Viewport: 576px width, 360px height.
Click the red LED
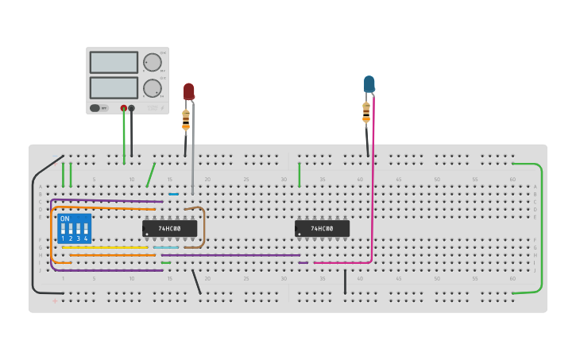point(189,91)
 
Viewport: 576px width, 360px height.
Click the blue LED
point(369,83)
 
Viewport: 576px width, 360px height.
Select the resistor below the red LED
point(186,119)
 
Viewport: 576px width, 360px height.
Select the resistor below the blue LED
point(366,113)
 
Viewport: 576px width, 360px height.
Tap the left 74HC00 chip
point(169,228)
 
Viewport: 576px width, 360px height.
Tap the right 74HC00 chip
point(322,228)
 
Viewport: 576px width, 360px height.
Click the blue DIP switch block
point(74,228)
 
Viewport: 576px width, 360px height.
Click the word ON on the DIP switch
point(64,219)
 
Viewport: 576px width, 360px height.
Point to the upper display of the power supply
point(114,62)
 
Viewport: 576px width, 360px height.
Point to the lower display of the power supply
point(114,87)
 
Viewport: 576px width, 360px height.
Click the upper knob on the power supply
point(152,62)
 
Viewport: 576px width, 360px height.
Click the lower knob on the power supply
point(152,87)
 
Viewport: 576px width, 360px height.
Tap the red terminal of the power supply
point(123,108)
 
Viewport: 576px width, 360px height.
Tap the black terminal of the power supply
point(132,108)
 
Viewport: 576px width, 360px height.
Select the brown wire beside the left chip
point(204,229)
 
